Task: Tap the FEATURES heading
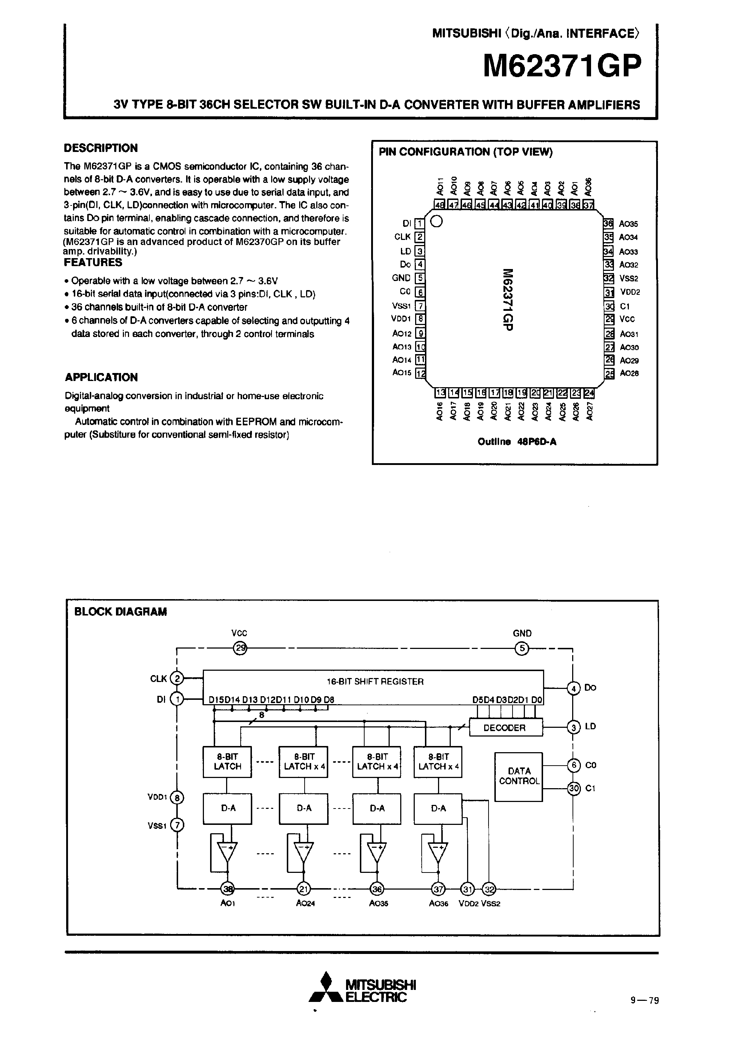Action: pyautogui.click(x=93, y=262)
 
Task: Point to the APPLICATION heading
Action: pyautogui.click(x=101, y=377)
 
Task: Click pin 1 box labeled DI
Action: pyautogui.click(x=419, y=224)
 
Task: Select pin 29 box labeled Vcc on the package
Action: pyautogui.click(x=609, y=319)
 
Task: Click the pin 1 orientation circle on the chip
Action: pyautogui.click(x=436, y=222)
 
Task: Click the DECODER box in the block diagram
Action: pyautogui.click(x=505, y=728)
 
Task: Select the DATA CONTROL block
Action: pyautogui.click(x=519, y=777)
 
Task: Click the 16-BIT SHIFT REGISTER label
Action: pyautogui.click(x=375, y=682)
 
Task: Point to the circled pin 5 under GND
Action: pyautogui.click(x=522, y=648)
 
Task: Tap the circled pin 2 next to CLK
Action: pyautogui.click(x=177, y=679)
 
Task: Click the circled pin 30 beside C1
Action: pyautogui.click(x=574, y=788)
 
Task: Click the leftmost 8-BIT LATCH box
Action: pyautogui.click(x=227, y=762)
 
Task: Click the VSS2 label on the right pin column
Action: pyautogui.click(x=628, y=279)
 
